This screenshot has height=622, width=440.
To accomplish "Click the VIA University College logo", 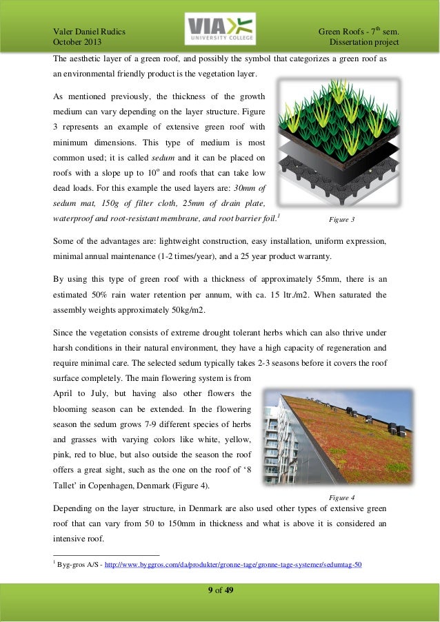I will point(220,29).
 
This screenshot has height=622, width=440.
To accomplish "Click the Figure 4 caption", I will point(342,496).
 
